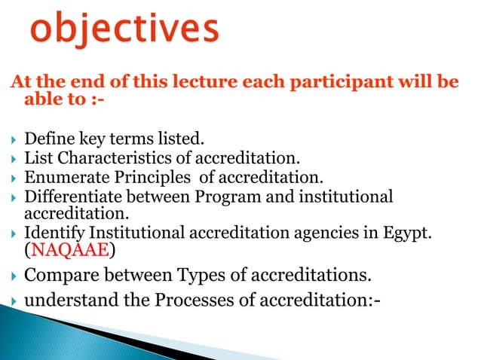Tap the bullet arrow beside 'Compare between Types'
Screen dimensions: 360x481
tap(12, 275)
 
